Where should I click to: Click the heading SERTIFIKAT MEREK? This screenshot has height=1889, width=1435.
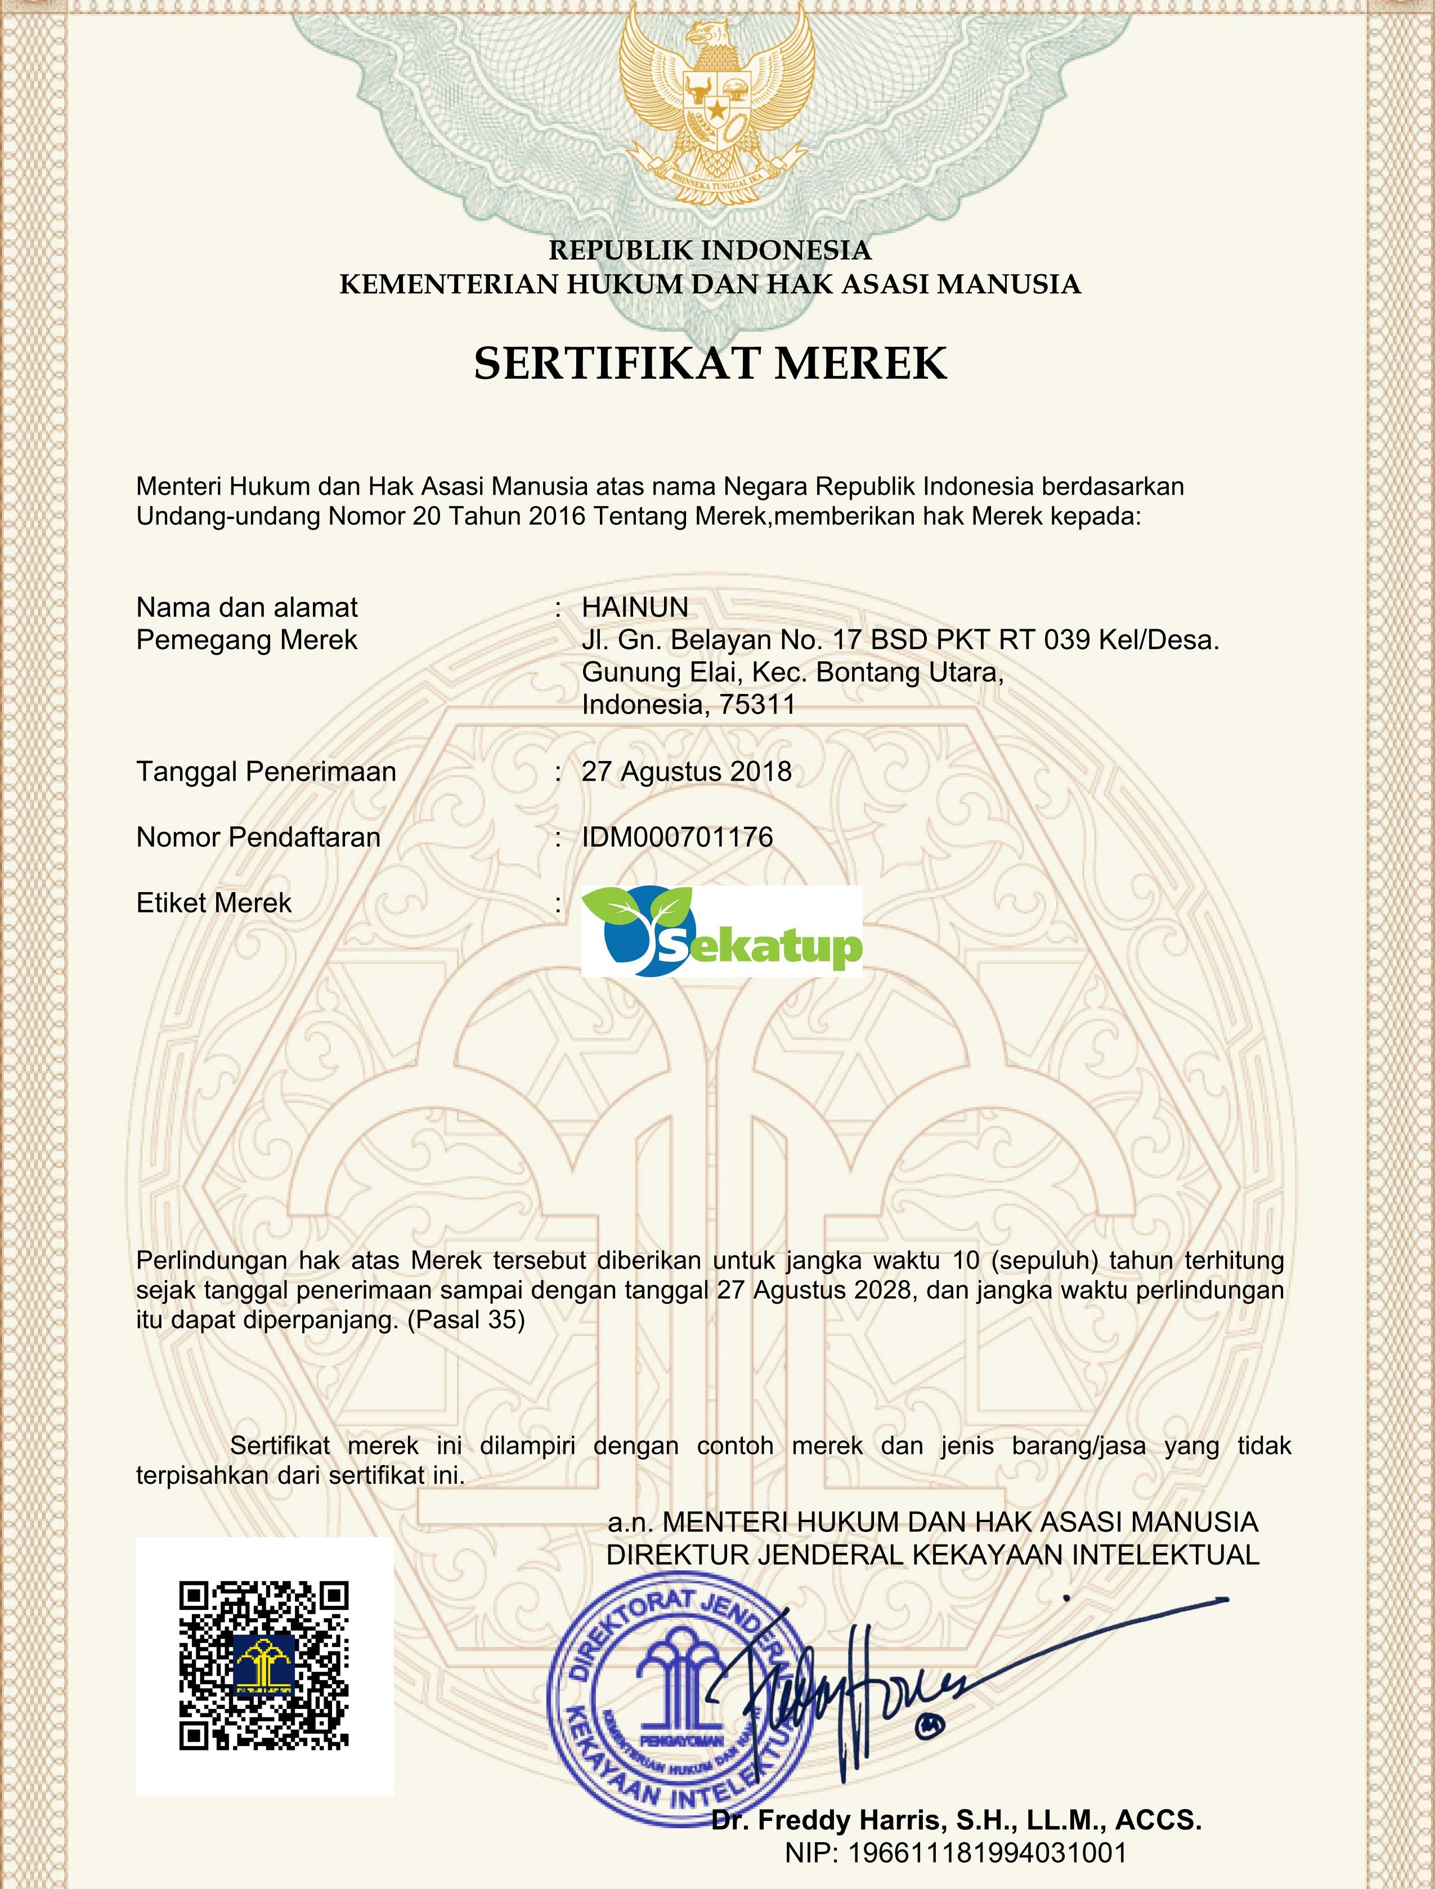pos(711,363)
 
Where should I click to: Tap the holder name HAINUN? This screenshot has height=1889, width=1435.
pos(635,607)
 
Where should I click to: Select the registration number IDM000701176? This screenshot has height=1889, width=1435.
pos(678,838)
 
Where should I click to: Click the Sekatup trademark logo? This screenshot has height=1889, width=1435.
pos(722,931)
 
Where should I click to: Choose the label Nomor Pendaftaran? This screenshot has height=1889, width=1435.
pos(258,838)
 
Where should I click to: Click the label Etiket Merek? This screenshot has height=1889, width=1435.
pos(214,903)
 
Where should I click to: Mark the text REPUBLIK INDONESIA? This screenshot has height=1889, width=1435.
pos(710,250)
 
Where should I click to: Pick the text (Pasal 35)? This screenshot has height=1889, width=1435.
pos(467,1320)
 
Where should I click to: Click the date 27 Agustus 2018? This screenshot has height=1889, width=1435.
pos(687,772)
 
